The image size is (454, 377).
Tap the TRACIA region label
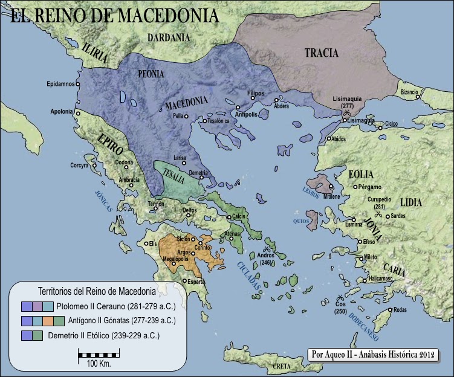coord(321,53)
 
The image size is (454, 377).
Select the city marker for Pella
coord(187,116)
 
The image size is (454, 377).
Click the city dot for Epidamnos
coord(77,84)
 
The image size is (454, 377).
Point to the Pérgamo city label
coord(370,187)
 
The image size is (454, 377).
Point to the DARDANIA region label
coord(169,37)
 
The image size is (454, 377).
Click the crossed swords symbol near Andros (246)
coord(267,248)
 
